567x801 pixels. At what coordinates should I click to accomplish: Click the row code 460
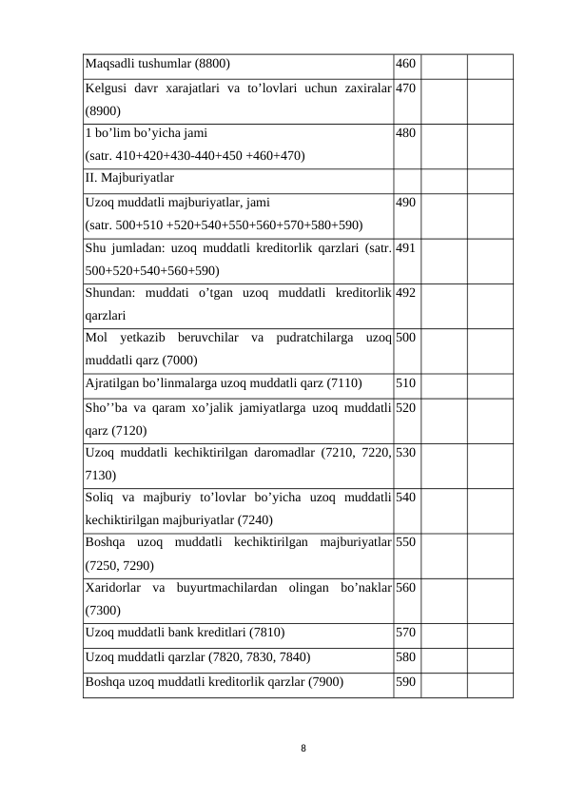405,65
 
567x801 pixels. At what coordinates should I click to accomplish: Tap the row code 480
405,135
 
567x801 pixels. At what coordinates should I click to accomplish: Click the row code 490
405,202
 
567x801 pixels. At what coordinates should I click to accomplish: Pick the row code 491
405,247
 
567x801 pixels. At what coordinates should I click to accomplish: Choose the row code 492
405,293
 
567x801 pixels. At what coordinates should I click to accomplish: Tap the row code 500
405,338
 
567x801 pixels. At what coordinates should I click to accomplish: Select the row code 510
405,383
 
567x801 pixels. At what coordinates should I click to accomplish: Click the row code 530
405,453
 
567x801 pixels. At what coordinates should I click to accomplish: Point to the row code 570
405,632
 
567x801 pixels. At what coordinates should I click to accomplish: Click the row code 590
405,681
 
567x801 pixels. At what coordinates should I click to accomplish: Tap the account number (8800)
211,65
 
